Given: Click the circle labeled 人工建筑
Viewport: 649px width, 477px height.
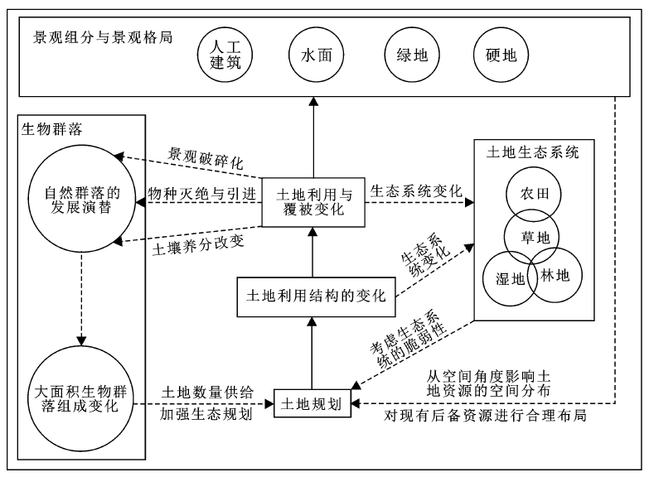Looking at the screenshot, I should pyautogui.click(x=225, y=55).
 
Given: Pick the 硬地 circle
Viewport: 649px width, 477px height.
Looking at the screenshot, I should pyautogui.click(x=495, y=55).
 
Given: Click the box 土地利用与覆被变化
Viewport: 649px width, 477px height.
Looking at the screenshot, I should pyautogui.click(x=312, y=202).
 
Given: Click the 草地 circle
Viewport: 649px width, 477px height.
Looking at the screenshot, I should pyautogui.click(x=531, y=236).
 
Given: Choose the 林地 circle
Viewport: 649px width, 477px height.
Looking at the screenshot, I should pyautogui.click(x=554, y=275).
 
